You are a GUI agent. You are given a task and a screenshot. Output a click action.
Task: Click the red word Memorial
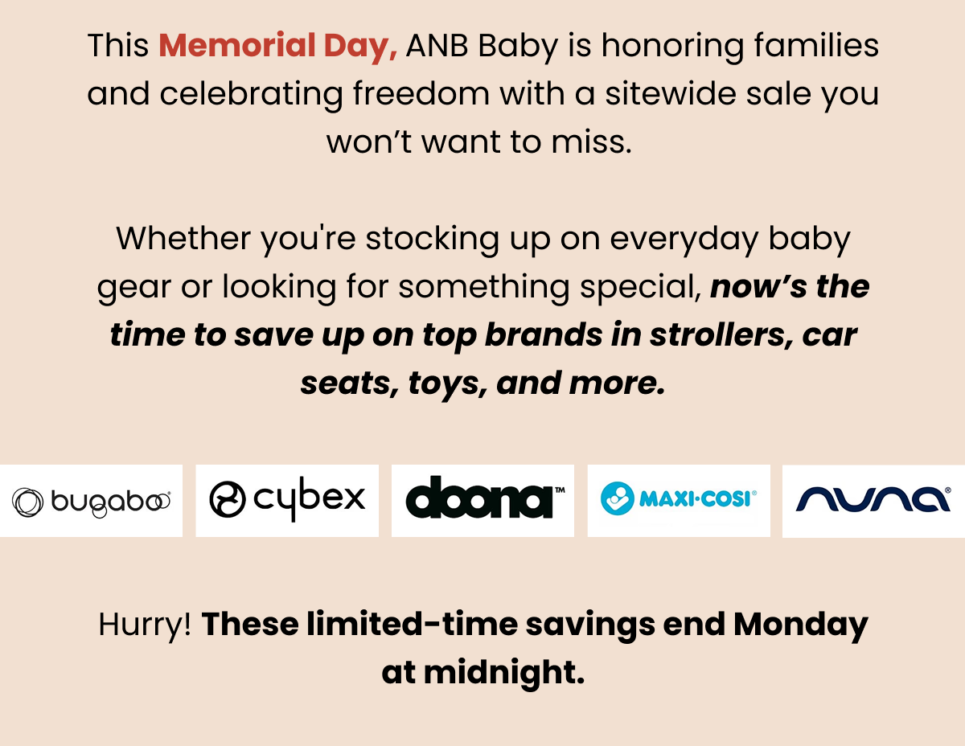[x=236, y=45]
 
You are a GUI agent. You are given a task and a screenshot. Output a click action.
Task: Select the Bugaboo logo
[x=91, y=502]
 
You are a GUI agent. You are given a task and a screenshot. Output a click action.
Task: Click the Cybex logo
[x=287, y=499]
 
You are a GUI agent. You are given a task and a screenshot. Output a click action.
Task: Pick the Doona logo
[x=485, y=497]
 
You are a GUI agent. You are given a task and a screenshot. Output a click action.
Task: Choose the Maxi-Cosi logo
[x=678, y=498]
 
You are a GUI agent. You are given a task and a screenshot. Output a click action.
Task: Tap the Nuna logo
[x=873, y=499]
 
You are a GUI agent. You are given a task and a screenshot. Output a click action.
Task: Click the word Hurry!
[x=145, y=625]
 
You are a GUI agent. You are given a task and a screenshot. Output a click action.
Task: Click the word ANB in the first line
[x=437, y=45]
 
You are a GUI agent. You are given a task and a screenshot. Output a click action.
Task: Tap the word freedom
[x=421, y=93]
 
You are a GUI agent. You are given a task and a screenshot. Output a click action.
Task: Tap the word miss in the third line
[x=591, y=142]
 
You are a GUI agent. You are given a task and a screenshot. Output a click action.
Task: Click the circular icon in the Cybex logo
[x=228, y=499]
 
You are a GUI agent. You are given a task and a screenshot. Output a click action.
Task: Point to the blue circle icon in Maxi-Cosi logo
[x=618, y=498]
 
